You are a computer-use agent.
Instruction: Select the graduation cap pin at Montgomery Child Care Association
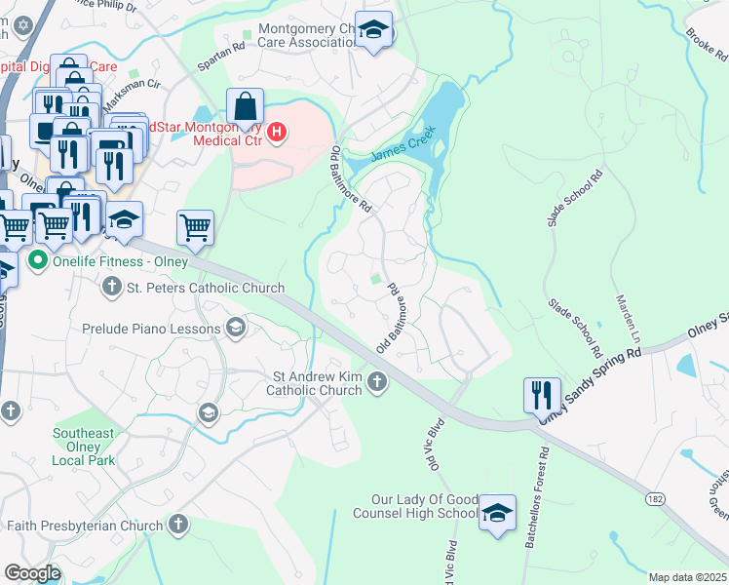coord(373,30)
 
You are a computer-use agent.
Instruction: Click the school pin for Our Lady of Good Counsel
coord(497,513)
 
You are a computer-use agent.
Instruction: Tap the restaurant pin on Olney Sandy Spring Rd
coord(541,396)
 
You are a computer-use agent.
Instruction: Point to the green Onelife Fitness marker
coord(38,260)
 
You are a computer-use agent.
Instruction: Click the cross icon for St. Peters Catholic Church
coord(112,288)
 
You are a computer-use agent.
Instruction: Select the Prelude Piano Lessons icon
coord(234,329)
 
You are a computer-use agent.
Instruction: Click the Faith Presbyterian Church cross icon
coord(177,526)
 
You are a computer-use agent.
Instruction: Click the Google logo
coord(32,572)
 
